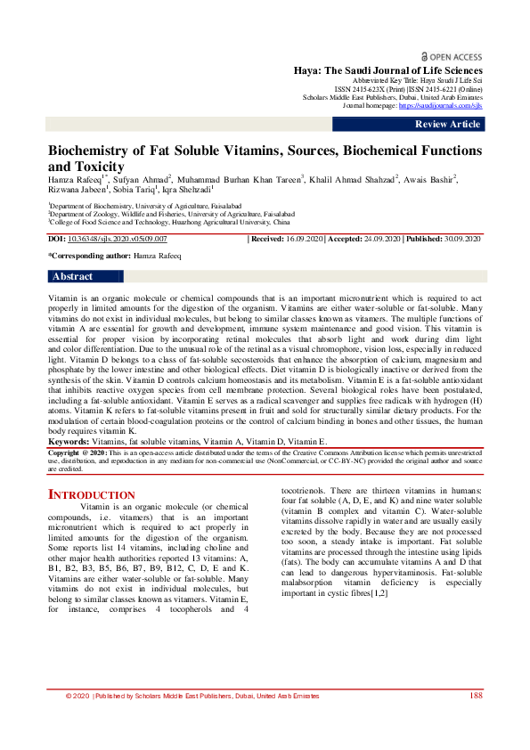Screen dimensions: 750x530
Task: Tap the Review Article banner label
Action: pos(447,124)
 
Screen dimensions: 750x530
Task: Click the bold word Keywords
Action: pos(68,441)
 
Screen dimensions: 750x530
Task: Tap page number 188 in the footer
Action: pos(476,721)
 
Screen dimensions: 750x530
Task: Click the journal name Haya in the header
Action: pos(308,70)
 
